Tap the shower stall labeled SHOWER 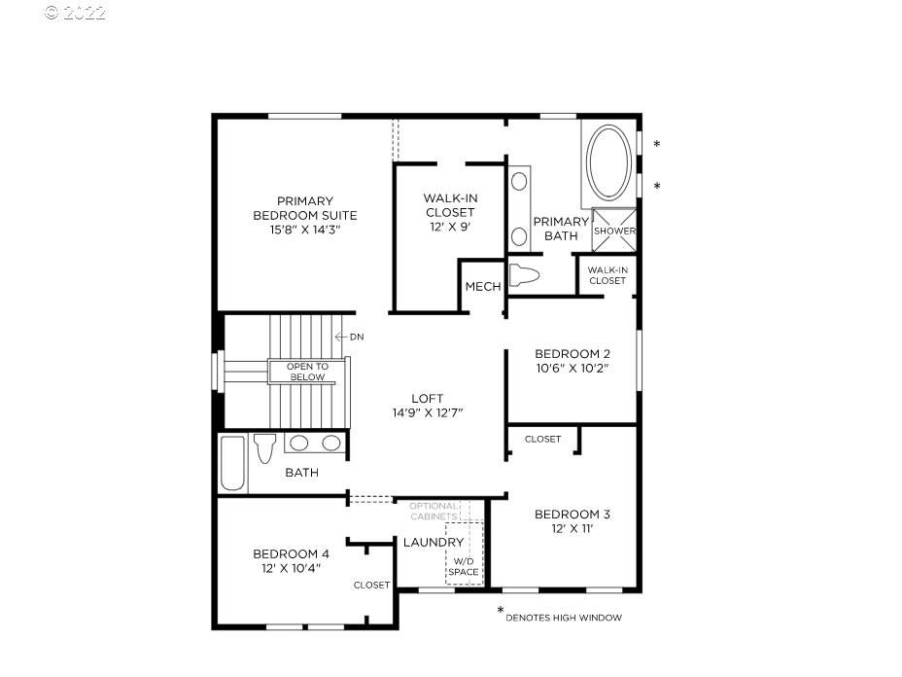tap(614, 231)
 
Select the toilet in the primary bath tap(524, 275)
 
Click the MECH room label tap(483, 286)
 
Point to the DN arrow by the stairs tap(349, 337)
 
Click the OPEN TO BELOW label tap(307, 372)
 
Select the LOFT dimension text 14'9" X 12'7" tap(428, 412)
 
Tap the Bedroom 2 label tap(572, 353)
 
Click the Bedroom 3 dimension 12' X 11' tap(572, 528)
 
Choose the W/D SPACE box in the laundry tap(465, 553)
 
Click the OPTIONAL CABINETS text tap(434, 512)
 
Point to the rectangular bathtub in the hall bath tap(232, 463)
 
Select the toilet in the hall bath tap(265, 447)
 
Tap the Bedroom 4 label tap(291, 553)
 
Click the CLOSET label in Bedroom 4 tap(371, 585)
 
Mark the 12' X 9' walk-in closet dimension tap(450, 227)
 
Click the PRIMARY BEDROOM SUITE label tap(305, 208)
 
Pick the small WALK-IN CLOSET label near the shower tap(607, 275)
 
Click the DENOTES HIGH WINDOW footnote tap(564, 618)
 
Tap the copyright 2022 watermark tap(76, 13)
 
